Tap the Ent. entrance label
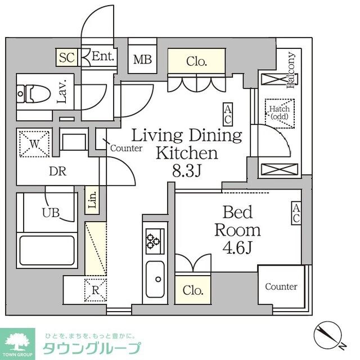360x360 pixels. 103,56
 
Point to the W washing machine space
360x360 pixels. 34,144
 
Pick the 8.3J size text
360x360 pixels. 187,170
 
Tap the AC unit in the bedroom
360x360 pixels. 295,214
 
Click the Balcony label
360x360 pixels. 291,71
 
